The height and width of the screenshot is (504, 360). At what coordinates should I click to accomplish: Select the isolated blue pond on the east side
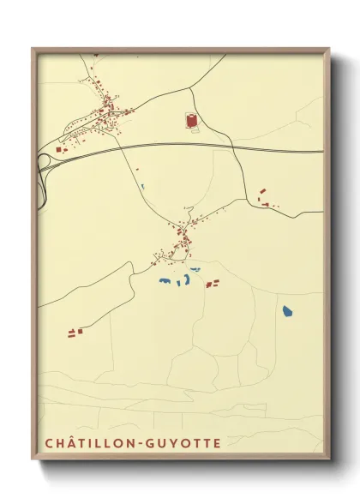pyautogui.click(x=287, y=311)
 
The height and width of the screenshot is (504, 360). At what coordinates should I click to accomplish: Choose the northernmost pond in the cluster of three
pyautogui.click(x=195, y=270)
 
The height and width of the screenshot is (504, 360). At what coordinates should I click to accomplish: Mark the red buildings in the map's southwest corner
pyautogui.click(x=75, y=330)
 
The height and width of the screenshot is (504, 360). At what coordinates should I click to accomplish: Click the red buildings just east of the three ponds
pyautogui.click(x=212, y=283)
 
